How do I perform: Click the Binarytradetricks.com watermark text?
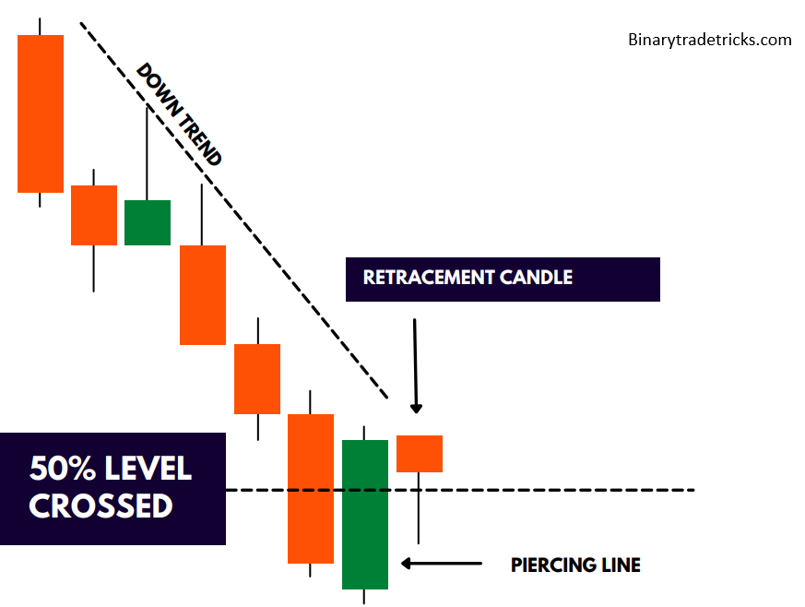[x=709, y=40]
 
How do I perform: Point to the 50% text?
[x=65, y=469]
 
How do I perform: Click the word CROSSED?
[x=101, y=506]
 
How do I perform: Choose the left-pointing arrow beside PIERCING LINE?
[x=442, y=563]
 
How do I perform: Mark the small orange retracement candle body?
[x=420, y=453]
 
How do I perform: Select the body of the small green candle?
[x=148, y=222]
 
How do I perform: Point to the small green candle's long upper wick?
[x=147, y=152]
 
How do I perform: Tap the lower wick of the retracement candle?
[x=419, y=507]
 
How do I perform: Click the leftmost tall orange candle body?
[x=41, y=113]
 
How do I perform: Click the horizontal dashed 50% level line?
[x=553, y=490]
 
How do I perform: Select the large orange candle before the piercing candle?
[x=311, y=488]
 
